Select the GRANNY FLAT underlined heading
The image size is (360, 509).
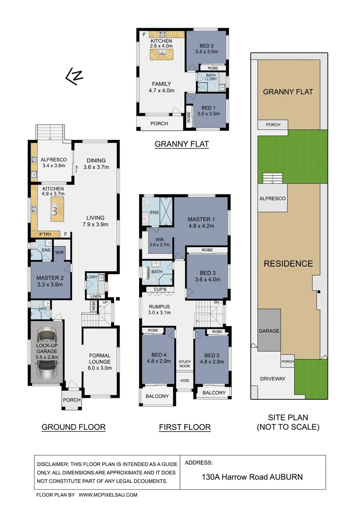(x=181, y=144)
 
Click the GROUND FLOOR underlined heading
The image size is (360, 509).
(x=74, y=427)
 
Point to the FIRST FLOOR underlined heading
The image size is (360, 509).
(x=185, y=427)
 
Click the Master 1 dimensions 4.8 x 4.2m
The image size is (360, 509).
(x=201, y=226)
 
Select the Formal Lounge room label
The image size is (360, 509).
(x=99, y=359)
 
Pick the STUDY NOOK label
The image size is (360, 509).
(x=185, y=364)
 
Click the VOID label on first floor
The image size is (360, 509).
(x=185, y=380)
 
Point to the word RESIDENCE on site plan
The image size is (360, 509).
(x=288, y=263)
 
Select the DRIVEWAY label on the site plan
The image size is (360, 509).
(x=273, y=378)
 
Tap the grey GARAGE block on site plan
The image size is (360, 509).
(x=269, y=330)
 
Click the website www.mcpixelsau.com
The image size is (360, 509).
(x=108, y=495)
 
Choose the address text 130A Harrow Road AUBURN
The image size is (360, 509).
(x=252, y=476)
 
